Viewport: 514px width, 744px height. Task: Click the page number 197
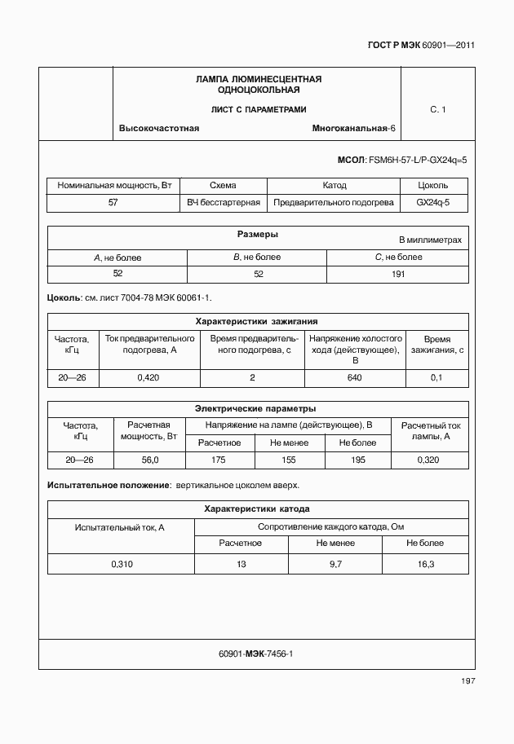(467, 681)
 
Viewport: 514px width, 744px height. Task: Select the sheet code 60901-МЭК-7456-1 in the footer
(256, 654)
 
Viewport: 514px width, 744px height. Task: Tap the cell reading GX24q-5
(432, 202)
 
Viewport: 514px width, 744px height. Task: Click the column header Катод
(334, 185)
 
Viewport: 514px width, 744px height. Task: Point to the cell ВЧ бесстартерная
(224, 202)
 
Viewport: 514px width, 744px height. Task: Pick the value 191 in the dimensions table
(397, 274)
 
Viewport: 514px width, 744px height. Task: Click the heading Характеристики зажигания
(257, 321)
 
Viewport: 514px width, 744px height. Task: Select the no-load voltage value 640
(354, 377)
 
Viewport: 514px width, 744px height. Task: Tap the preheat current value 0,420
(148, 377)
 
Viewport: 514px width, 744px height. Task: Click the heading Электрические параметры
(257, 408)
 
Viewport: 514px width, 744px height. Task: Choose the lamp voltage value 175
(218, 460)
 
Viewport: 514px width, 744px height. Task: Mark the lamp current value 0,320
(430, 460)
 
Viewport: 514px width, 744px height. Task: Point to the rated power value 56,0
(150, 460)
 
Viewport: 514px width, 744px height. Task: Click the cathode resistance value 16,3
(425, 563)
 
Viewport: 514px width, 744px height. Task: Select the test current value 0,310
(120, 563)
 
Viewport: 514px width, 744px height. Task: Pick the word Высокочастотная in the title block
(159, 130)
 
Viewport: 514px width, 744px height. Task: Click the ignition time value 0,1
(436, 377)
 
